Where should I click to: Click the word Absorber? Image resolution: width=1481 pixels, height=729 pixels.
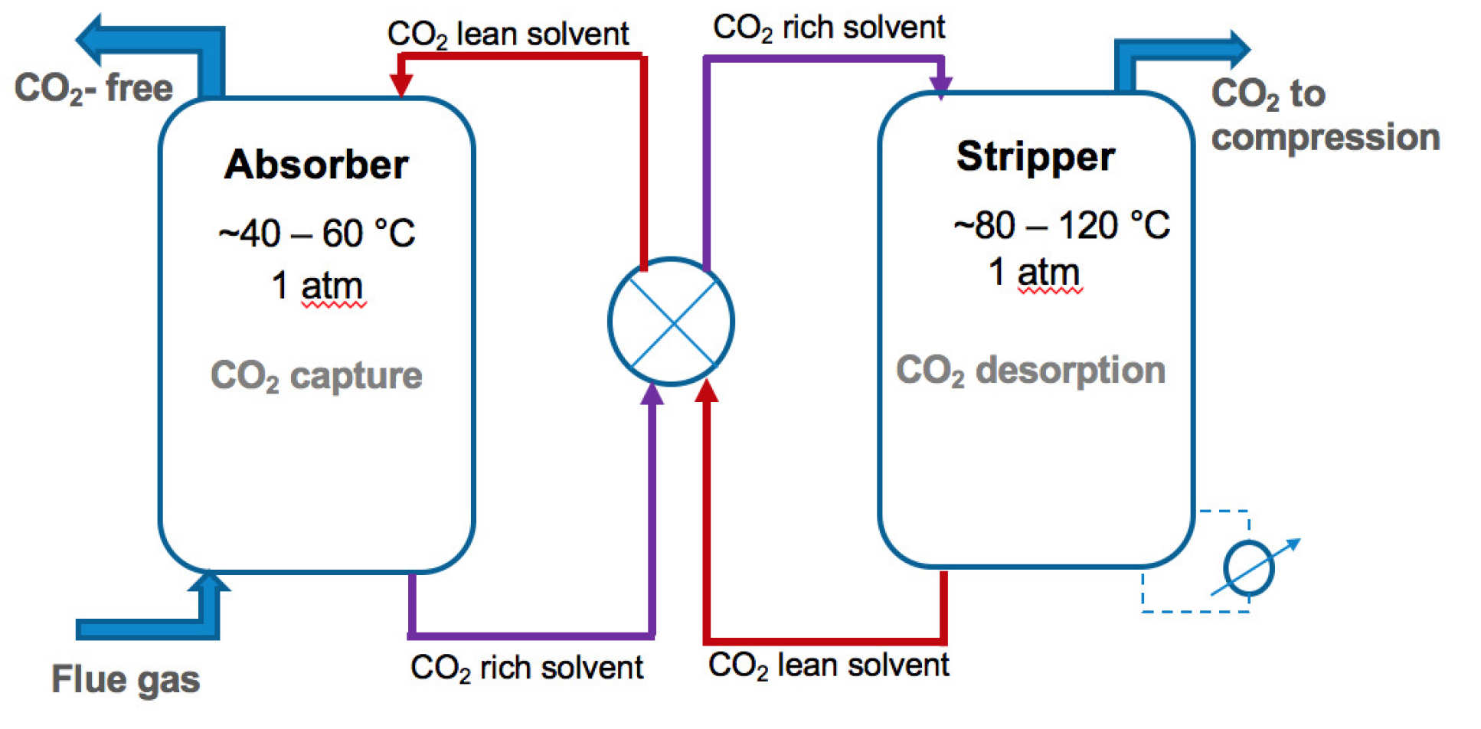coord(316,165)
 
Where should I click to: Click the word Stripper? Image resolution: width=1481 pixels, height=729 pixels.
coord(1035,157)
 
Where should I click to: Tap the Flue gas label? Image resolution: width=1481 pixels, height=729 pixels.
coord(126,679)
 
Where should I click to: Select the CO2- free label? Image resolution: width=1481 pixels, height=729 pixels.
coord(93,88)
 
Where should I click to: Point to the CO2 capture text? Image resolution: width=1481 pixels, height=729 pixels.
coord(316,376)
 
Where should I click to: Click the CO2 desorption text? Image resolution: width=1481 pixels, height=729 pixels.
coord(1031,371)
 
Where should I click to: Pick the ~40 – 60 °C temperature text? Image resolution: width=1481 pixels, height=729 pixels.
coord(316,234)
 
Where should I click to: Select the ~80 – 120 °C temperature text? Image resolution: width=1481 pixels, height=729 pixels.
coord(1061,226)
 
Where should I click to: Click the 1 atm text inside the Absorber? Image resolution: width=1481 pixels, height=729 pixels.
coord(317,286)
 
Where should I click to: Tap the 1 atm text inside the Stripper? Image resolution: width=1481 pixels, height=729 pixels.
coord(1034,273)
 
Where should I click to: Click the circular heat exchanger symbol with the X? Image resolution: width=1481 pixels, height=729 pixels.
coord(671,322)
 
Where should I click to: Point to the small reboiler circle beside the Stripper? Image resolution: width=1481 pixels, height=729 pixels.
coord(1248,568)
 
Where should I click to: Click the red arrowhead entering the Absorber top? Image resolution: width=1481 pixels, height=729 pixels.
coord(401,85)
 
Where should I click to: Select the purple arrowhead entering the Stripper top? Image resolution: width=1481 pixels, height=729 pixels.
coord(940,87)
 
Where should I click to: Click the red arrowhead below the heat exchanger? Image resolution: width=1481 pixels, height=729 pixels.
coord(706,391)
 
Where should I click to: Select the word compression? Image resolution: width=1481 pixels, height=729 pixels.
coord(1326,139)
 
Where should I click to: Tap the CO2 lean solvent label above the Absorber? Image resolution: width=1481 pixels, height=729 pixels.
coord(508,34)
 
